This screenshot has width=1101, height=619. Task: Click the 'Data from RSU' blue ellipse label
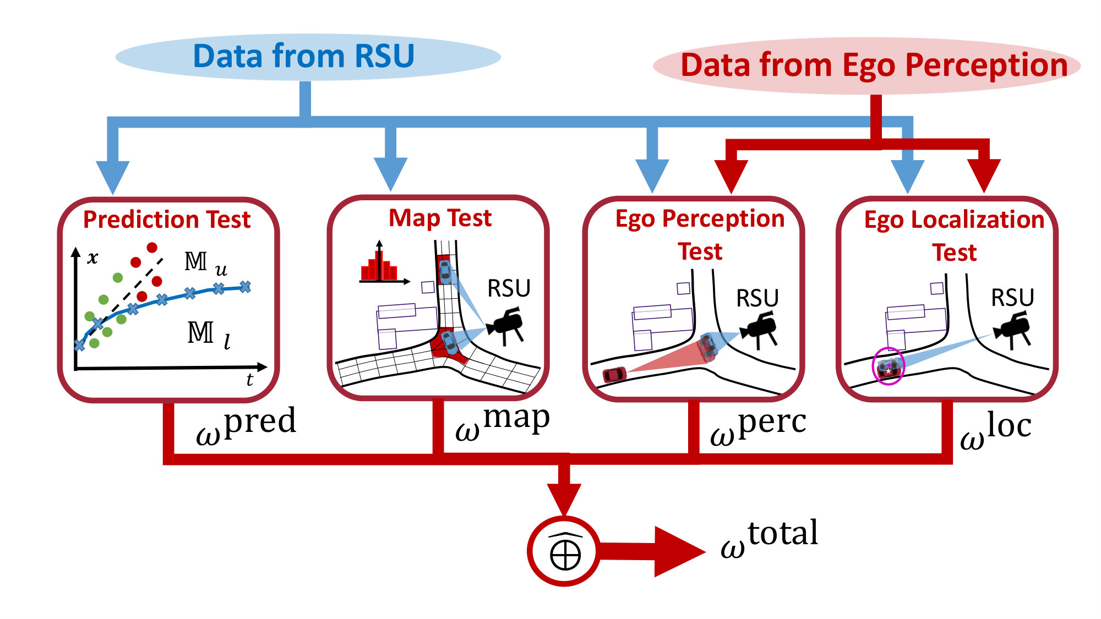point(303,56)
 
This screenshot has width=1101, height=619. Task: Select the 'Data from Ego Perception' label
point(874,65)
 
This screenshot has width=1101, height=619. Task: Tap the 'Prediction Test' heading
point(167,220)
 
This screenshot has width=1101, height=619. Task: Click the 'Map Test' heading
point(440,218)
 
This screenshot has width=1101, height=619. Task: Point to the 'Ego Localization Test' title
point(954,235)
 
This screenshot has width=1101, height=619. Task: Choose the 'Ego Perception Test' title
point(700,235)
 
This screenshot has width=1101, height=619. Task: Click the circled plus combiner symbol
point(564,551)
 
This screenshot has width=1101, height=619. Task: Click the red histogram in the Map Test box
point(379,267)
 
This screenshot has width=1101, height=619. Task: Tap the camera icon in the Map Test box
point(505,326)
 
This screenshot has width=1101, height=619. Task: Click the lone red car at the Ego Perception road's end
point(614,375)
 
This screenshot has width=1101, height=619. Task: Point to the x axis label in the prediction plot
point(93,257)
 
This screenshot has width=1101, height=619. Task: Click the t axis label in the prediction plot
point(250,379)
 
